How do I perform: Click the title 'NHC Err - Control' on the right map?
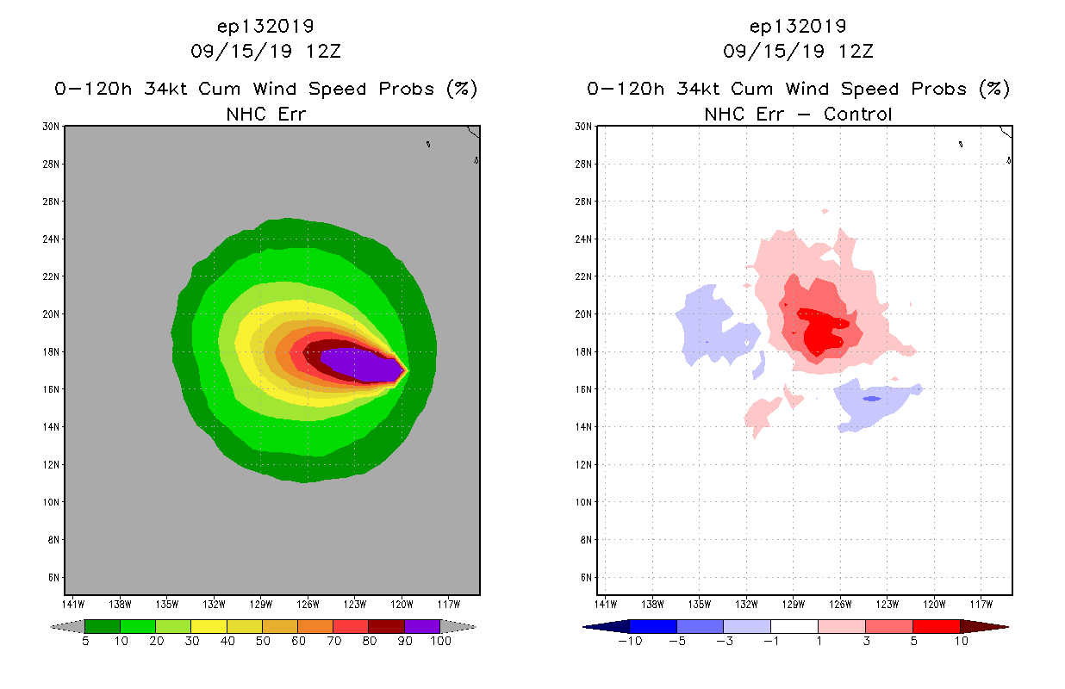coord(798,114)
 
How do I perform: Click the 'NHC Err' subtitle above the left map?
coord(265,114)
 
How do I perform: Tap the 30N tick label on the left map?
coord(52,127)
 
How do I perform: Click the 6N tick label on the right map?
coord(584,577)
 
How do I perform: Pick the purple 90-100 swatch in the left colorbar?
coord(422,626)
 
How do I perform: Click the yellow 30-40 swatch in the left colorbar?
coord(209,626)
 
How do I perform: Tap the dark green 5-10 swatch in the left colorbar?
coord(103,626)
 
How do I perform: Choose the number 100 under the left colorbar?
coord(440,641)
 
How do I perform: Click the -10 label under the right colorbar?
coord(630,641)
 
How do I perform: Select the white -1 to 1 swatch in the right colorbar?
coord(794,626)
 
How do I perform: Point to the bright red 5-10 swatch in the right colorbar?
coord(936,626)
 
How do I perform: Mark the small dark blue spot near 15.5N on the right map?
coord(871,399)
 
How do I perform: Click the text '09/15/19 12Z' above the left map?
coord(265,51)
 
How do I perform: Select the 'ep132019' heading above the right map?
coord(798,26)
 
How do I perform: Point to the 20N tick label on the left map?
coord(52,314)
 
